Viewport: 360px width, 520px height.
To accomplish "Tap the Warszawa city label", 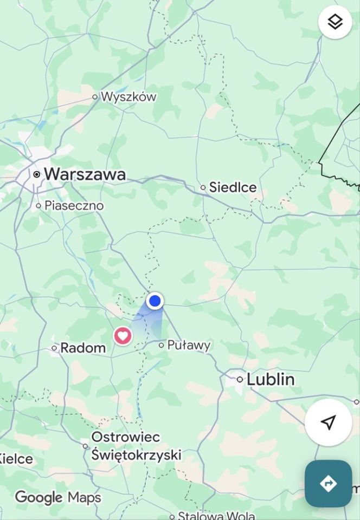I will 85,174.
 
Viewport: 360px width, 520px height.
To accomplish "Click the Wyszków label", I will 128,97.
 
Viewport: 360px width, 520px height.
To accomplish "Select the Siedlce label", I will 233,187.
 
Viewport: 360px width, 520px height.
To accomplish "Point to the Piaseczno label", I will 74,206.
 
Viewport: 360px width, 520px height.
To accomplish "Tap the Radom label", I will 83,348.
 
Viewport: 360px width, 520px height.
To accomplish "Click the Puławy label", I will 189,345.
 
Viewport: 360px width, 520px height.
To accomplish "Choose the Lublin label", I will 271,379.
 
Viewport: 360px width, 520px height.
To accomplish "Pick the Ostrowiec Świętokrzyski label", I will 136,446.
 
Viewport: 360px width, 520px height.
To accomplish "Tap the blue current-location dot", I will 155,301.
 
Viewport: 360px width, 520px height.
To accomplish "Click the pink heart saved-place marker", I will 123,336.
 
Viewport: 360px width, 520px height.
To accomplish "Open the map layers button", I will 335,22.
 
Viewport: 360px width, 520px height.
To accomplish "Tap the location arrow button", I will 328,422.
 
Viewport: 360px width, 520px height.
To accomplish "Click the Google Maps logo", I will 57,497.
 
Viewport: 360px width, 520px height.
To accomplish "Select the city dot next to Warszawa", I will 37,174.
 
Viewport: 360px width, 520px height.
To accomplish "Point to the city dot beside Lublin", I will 240,379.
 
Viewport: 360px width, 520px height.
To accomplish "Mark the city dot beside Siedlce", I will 203,187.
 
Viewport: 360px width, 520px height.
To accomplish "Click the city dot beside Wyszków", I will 95,97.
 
